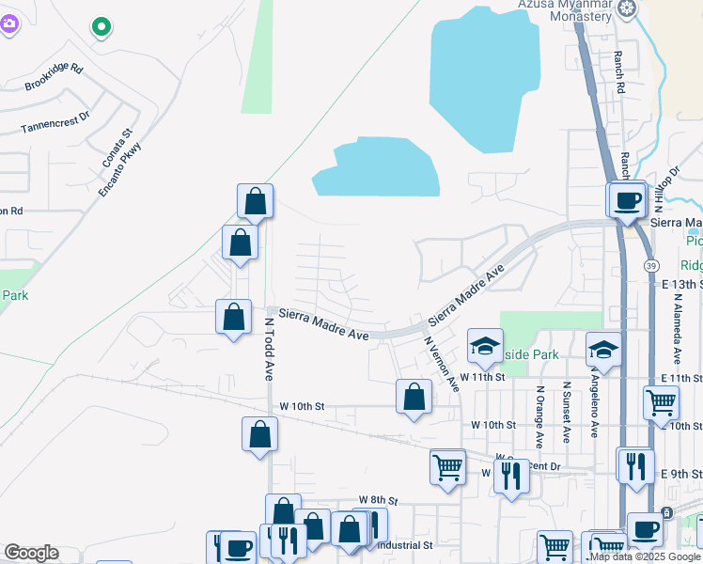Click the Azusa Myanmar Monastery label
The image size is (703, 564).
pyautogui.click(x=568, y=9)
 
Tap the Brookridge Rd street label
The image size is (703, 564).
pyautogui.click(x=54, y=78)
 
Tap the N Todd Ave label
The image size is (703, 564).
pyautogui.click(x=268, y=348)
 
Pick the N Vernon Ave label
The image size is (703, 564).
pyautogui.click(x=442, y=364)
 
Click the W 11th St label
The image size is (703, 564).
pyautogui.click(x=481, y=377)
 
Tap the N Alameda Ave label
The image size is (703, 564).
pyautogui.click(x=677, y=328)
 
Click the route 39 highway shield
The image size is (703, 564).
pyautogui.click(x=650, y=267)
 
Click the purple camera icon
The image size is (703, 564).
pyautogui.click(x=8, y=25)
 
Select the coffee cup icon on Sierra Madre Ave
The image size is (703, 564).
pyautogui.click(x=627, y=199)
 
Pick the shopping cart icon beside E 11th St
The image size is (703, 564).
pyautogui.click(x=661, y=402)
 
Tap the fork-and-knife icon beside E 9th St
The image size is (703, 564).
pyautogui.click(x=635, y=464)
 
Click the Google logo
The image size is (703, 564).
pyautogui.click(x=31, y=553)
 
